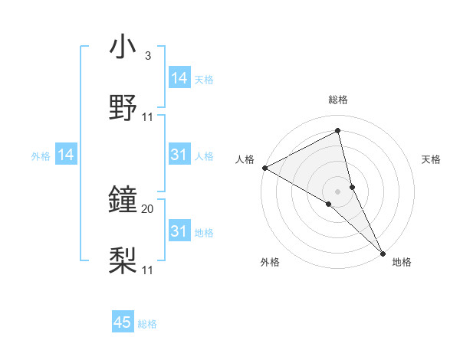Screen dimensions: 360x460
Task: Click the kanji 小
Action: click(x=123, y=47)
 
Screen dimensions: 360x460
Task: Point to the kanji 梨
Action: click(x=123, y=261)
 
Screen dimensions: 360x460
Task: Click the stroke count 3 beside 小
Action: click(x=147, y=56)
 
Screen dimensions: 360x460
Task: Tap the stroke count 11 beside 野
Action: click(x=147, y=117)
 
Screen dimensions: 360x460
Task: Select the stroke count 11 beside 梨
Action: click(x=147, y=270)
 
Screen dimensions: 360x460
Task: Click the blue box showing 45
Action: click(x=123, y=322)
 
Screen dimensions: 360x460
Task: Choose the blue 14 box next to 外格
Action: click(x=66, y=155)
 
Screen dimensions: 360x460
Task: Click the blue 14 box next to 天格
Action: click(x=179, y=78)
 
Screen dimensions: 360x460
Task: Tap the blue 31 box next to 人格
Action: click(x=179, y=155)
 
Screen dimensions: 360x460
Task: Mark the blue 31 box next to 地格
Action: click(x=179, y=231)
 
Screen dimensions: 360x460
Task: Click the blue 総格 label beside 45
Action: click(x=147, y=324)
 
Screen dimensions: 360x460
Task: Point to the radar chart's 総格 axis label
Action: click(x=338, y=100)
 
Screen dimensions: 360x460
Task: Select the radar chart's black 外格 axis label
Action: click(x=270, y=262)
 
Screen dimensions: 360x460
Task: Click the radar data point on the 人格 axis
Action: click(x=264, y=167)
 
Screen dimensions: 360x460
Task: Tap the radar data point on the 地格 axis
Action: click(x=383, y=252)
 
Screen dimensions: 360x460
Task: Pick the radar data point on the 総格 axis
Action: click(x=338, y=131)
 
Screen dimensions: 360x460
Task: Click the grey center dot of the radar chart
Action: click(x=338, y=191)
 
